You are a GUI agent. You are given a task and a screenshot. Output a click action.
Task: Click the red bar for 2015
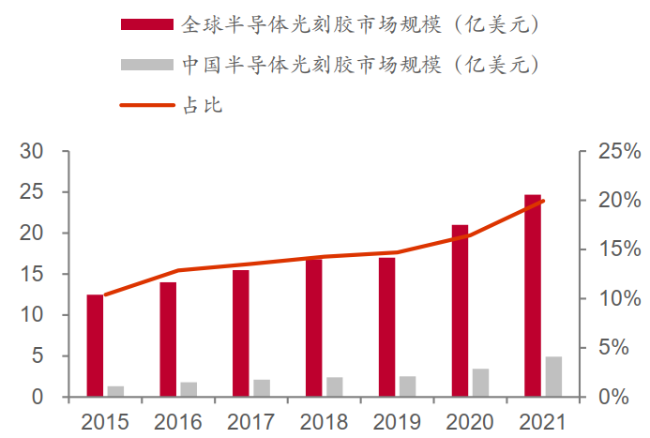(x=95, y=345)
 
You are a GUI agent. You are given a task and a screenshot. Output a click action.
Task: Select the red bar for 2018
(x=314, y=326)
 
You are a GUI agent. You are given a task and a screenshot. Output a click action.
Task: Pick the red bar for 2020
(x=460, y=310)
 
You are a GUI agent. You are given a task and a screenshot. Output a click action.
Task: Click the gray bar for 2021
(x=553, y=376)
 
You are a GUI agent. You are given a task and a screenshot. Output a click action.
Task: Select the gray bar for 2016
(x=189, y=389)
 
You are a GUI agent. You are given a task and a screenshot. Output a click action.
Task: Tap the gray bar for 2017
(x=262, y=387)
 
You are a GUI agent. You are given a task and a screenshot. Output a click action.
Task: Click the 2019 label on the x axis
(x=397, y=420)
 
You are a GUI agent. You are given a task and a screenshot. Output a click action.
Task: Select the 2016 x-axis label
(x=178, y=420)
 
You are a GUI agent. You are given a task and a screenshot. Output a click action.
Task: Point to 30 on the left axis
(x=31, y=151)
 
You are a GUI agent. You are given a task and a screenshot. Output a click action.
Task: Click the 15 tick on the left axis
(x=31, y=274)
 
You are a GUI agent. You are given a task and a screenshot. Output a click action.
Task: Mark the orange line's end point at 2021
(x=543, y=201)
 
